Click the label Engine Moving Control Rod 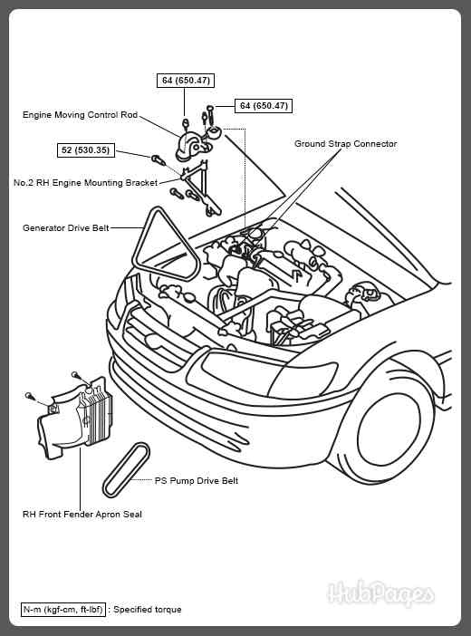[80, 115]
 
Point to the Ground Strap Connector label [345, 144]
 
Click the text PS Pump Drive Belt [197, 481]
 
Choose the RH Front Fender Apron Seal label [82, 514]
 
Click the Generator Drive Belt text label [65, 228]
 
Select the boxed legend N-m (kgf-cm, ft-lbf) [62, 610]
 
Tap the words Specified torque [148, 610]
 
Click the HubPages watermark [380, 594]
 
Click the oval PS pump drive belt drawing [126, 469]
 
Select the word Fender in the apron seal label [81, 514]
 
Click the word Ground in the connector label [310, 144]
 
